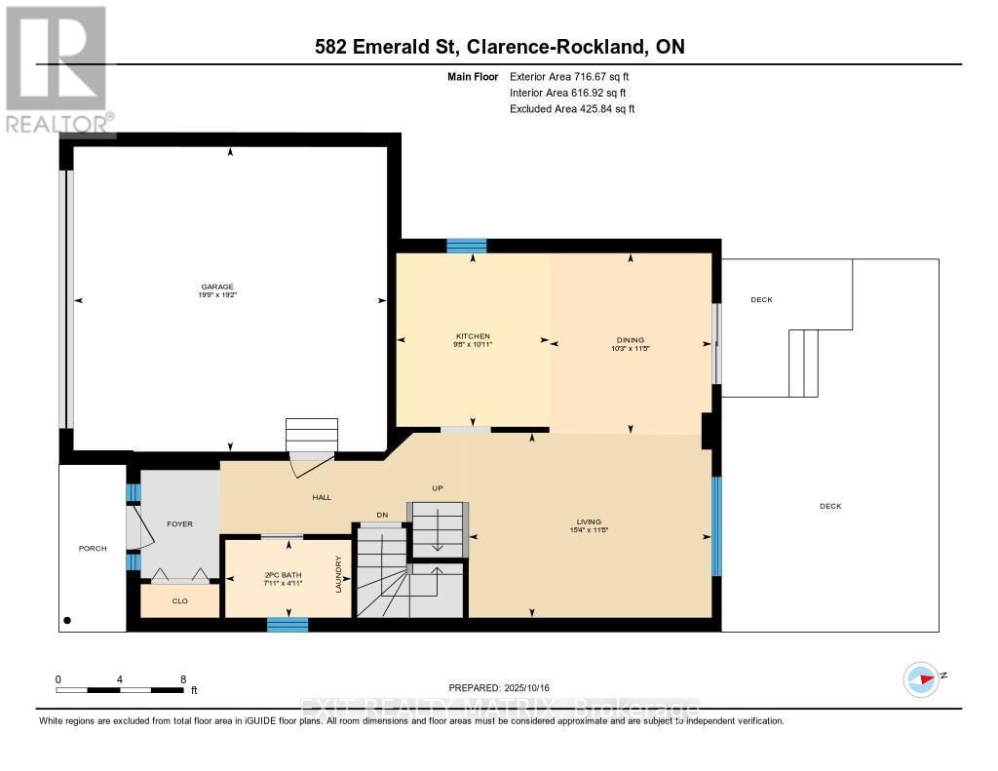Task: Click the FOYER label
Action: (179, 523)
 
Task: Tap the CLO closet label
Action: (179, 601)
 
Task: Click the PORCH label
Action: (93, 548)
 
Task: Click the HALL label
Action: (322, 497)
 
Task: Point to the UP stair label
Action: (439, 487)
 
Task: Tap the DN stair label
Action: (382, 515)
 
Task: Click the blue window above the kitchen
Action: (466, 246)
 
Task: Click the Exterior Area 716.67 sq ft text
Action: (576, 76)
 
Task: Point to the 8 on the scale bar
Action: (182, 678)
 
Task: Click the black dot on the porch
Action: (67, 620)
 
